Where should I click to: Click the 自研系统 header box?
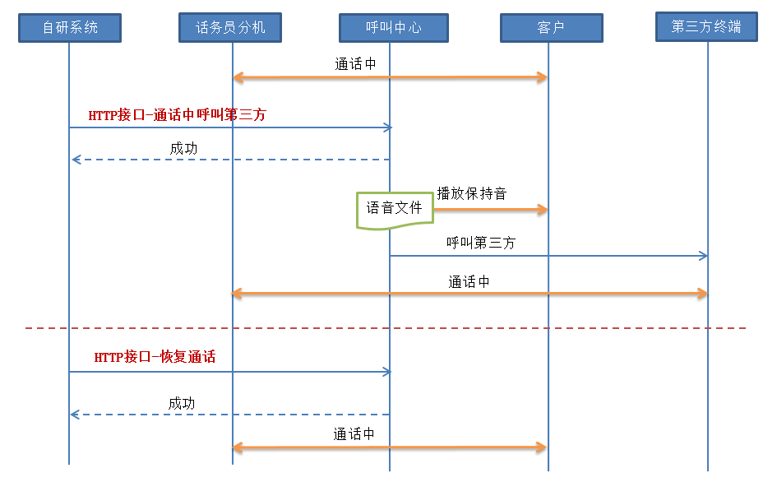click(x=70, y=28)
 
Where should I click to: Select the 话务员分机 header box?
click(x=230, y=28)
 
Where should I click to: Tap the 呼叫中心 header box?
click(x=393, y=28)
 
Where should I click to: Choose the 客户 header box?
click(x=551, y=28)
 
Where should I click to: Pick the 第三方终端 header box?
click(x=706, y=27)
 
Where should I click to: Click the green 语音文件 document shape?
click(x=394, y=209)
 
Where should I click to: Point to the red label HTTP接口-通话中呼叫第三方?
click(x=177, y=115)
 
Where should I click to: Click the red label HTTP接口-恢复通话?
click(x=155, y=357)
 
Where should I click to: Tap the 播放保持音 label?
click(x=471, y=194)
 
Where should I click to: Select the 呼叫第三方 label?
click(x=481, y=243)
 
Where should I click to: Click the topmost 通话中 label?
click(x=355, y=63)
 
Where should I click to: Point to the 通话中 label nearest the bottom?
click(x=354, y=433)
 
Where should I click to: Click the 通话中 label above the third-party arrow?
click(x=469, y=281)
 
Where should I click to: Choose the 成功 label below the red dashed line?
click(x=182, y=403)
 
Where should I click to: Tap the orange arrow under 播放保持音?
click(x=490, y=210)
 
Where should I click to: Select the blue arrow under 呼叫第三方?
click(x=548, y=256)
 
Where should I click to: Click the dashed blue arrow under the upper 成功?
click(x=230, y=160)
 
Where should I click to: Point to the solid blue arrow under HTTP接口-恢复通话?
click(x=230, y=372)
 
